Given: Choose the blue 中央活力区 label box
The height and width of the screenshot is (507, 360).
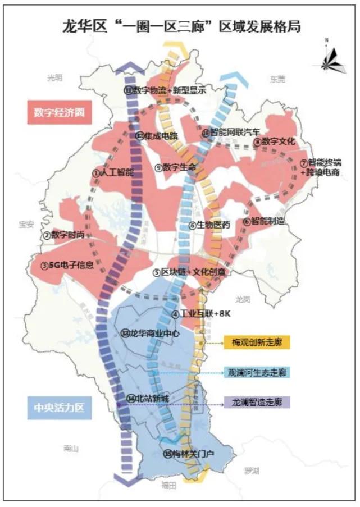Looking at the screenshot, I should (58, 406).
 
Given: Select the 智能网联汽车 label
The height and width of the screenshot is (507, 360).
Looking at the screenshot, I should (231, 133).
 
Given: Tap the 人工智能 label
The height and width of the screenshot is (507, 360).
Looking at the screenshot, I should (113, 173).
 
